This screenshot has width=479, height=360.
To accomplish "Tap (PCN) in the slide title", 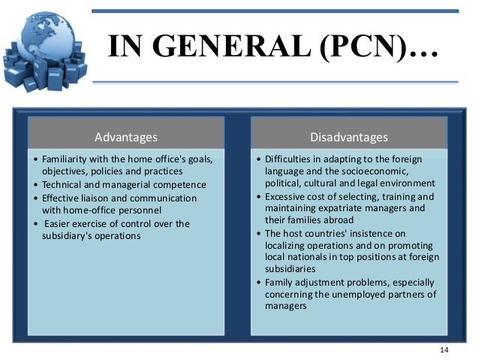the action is point(360,47).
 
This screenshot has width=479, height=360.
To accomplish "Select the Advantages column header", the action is point(126,137).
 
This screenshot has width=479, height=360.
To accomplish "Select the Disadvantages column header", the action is point(349,137).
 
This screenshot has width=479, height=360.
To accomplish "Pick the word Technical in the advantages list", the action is point(65,184).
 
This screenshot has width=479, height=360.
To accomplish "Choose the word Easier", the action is point(60,223).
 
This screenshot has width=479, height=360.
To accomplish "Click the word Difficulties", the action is point(288,159).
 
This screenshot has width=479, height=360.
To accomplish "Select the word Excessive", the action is point(287,196).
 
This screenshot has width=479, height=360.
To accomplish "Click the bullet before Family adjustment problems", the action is point(258,282).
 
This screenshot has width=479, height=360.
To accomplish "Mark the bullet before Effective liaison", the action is point(36,198).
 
